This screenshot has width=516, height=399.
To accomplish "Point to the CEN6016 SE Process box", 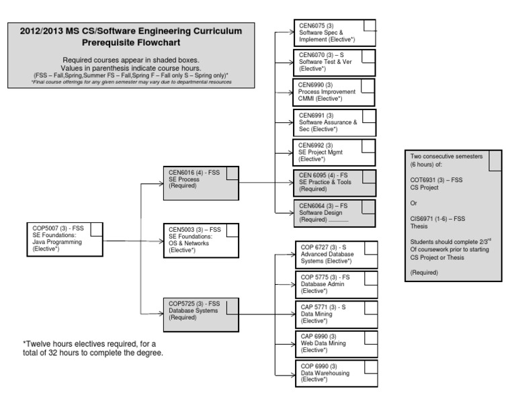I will tap(201, 181).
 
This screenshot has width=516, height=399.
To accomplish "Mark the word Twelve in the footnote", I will tap(40, 344).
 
